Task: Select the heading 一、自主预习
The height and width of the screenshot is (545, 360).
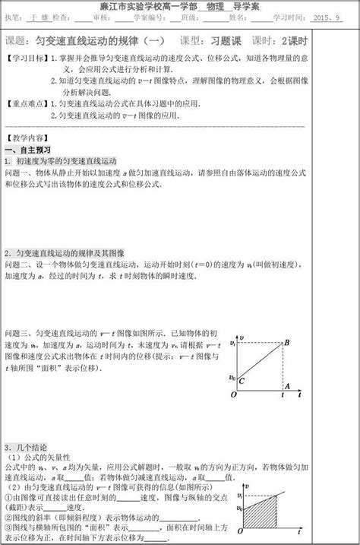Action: click(x=29, y=150)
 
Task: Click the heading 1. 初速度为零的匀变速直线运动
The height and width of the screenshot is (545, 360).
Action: click(x=61, y=161)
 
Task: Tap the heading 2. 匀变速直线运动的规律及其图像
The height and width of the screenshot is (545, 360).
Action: click(x=68, y=252)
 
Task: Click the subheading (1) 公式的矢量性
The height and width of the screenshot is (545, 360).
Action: click(x=39, y=457)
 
